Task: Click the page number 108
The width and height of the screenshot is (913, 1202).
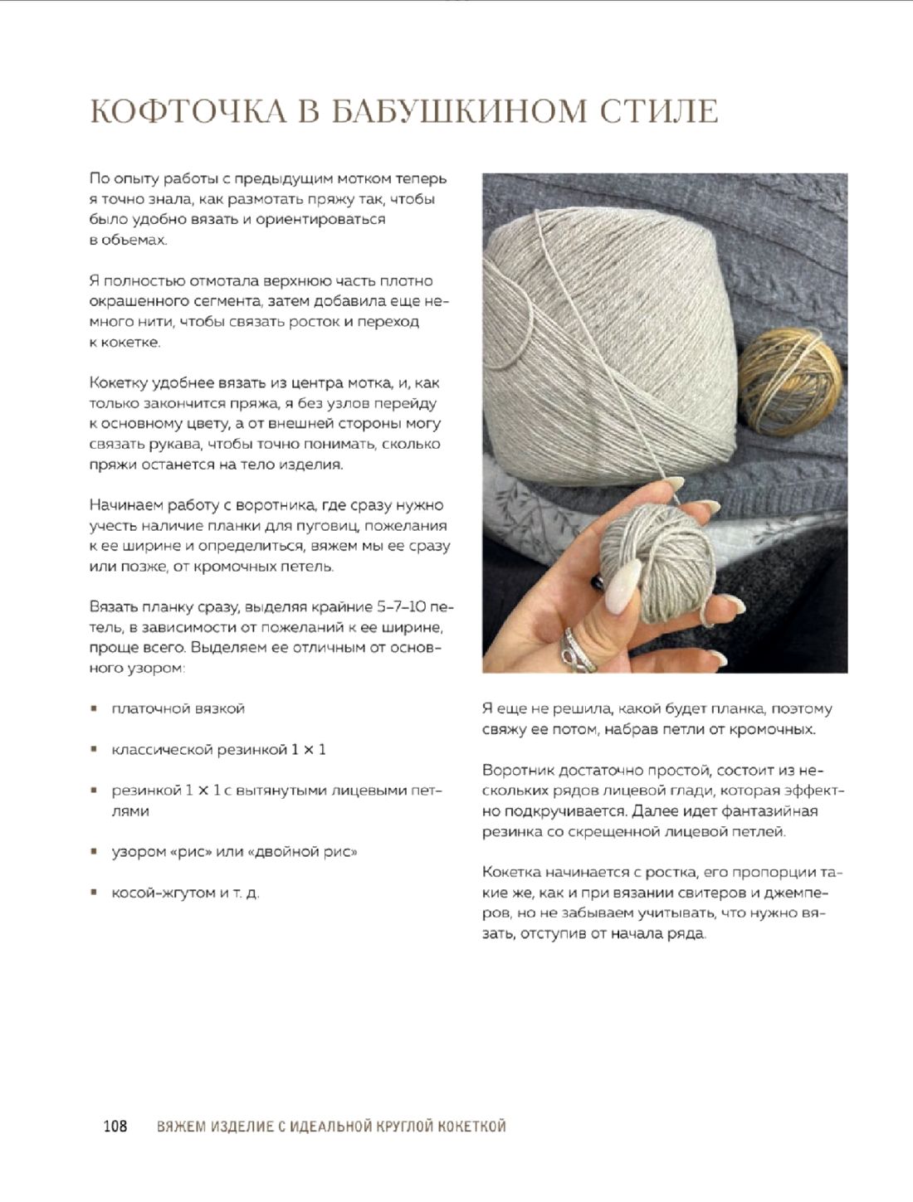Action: tap(115, 1126)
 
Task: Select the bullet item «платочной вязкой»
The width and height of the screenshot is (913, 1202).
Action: tap(178, 708)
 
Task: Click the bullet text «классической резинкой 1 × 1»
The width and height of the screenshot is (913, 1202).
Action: tap(218, 749)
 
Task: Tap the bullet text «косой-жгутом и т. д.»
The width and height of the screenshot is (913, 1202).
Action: tap(185, 893)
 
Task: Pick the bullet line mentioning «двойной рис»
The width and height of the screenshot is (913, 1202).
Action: tap(234, 852)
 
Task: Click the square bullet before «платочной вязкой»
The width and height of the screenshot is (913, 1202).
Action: tap(95, 708)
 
